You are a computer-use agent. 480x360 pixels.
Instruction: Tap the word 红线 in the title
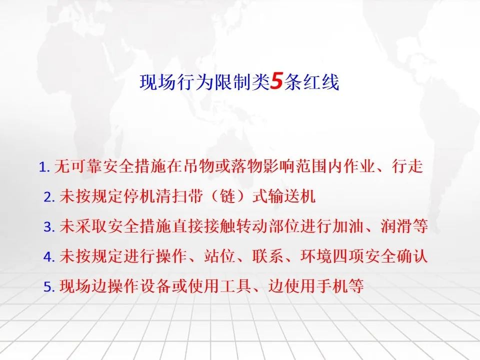(321, 82)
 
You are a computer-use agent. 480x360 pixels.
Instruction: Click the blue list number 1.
(43, 167)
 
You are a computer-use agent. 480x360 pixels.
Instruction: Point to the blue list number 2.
(48, 197)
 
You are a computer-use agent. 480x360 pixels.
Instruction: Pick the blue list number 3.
(48, 227)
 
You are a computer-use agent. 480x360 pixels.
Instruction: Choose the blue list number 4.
(48, 256)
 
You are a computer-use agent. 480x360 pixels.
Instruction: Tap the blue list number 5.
(48, 286)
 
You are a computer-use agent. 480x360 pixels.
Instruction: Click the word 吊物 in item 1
(199, 166)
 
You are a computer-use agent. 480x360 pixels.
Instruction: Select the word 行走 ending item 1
(407, 166)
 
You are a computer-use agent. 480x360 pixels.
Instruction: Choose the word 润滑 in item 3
(397, 226)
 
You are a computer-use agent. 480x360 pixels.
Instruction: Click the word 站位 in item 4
(220, 256)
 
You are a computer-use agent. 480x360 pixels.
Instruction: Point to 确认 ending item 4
(412, 256)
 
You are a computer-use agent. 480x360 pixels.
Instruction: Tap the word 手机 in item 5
(332, 285)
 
